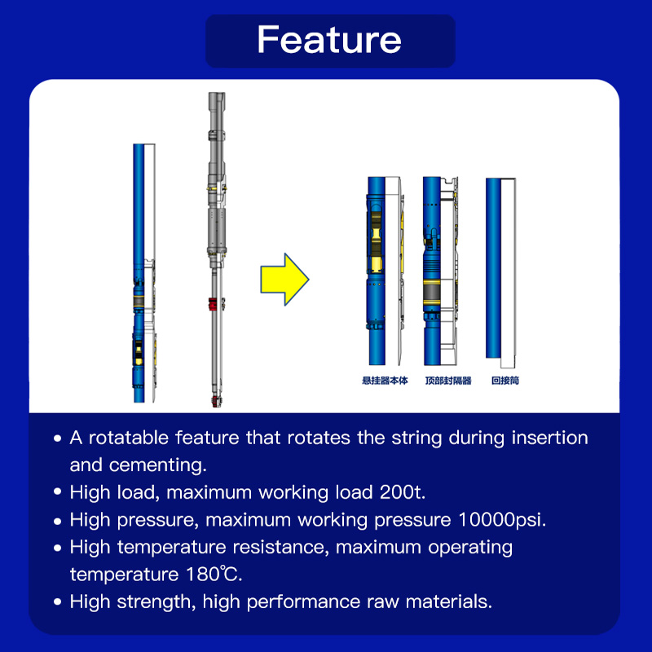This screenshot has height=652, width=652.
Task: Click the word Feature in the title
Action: click(329, 39)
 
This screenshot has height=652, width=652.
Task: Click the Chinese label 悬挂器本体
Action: click(385, 381)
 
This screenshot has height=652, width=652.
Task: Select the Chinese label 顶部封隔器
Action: click(448, 381)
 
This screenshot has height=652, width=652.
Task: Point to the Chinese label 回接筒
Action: click(505, 381)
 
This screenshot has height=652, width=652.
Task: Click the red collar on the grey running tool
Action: click(214, 304)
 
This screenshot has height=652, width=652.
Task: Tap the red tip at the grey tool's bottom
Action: click(215, 401)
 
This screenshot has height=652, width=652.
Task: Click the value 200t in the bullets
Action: click(403, 492)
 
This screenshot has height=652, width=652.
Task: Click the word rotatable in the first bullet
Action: click(129, 438)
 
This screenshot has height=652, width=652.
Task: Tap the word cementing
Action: click(157, 465)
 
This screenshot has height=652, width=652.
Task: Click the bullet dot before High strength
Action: click(57, 601)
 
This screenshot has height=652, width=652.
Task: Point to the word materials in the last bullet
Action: click(449, 601)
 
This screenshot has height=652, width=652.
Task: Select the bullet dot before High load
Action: click(57, 492)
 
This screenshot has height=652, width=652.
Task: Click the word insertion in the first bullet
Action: click(549, 438)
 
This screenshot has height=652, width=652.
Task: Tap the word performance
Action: click(303, 602)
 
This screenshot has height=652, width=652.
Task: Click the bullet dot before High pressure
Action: click(57, 520)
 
